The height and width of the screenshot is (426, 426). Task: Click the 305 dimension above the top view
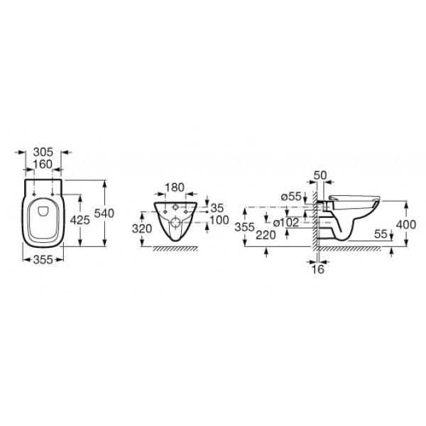(43, 153)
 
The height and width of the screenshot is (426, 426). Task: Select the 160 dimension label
(43, 165)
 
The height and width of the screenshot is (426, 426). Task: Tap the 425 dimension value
(80, 220)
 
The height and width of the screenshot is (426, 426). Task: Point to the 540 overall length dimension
(104, 213)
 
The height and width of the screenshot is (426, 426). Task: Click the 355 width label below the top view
(43, 260)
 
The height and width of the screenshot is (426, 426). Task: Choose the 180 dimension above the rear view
(175, 187)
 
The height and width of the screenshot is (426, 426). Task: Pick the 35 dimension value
(217, 208)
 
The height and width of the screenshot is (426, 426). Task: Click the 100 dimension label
(219, 220)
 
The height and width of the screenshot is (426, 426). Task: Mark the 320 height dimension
(142, 229)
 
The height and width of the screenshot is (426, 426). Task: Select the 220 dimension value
(266, 235)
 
